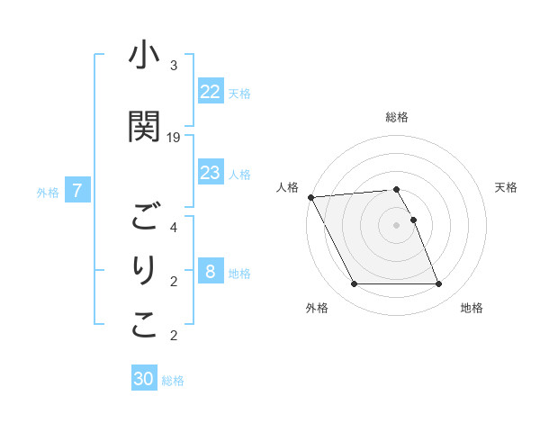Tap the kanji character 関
click(x=144, y=126)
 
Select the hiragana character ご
click(x=144, y=217)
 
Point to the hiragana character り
click(x=144, y=271)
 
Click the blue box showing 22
click(x=211, y=92)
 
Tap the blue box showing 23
click(x=211, y=173)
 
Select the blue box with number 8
click(x=211, y=272)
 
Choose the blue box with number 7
click(x=78, y=191)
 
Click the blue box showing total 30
click(x=144, y=379)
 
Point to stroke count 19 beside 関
click(x=174, y=137)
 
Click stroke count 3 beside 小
click(x=174, y=66)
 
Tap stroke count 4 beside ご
click(x=174, y=227)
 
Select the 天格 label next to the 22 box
click(x=239, y=93)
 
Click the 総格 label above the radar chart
click(x=397, y=117)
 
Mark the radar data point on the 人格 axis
click(x=310, y=197)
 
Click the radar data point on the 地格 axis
click(x=438, y=284)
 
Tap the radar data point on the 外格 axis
click(x=354, y=284)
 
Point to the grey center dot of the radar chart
click(x=397, y=225)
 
